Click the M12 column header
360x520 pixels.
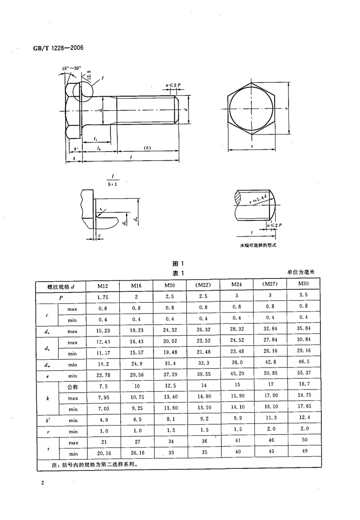pos(103,285)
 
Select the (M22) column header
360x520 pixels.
pos(202,285)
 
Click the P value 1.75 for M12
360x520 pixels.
pos(103,297)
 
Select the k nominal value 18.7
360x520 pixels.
pos(303,385)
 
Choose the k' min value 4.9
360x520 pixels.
pos(103,420)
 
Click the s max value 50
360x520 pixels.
pos(303,441)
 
